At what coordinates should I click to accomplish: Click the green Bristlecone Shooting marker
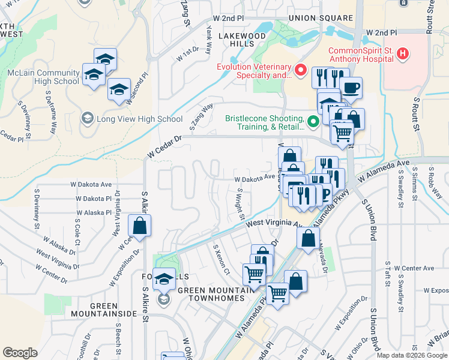click(313, 122)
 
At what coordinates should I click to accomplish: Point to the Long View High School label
click(139, 119)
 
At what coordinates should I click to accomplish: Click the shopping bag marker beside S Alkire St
click(139, 226)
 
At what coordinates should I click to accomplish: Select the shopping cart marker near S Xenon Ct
click(254, 275)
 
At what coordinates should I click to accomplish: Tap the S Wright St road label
click(240, 203)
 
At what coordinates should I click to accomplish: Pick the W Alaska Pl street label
click(94, 212)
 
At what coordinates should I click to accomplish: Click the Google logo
click(20, 352)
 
